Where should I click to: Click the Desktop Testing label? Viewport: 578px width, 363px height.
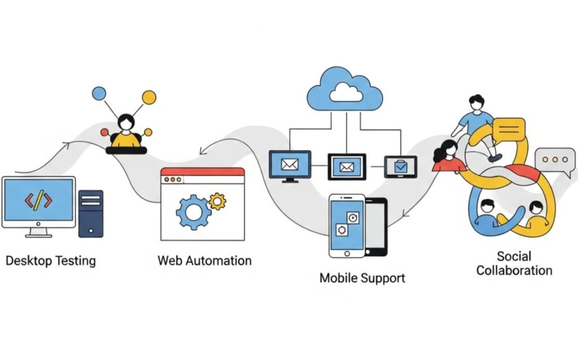point(51,261)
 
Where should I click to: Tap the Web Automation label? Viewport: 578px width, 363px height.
point(204,261)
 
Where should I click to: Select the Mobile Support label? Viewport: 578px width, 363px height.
point(362,278)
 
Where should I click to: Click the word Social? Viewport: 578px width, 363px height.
point(514,256)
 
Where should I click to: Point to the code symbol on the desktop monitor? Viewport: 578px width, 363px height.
point(38,200)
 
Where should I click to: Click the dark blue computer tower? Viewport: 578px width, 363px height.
point(91,213)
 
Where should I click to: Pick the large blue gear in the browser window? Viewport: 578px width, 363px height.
point(193,212)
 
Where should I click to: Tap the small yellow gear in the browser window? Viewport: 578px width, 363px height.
point(217,201)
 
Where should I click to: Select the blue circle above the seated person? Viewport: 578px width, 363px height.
point(99,93)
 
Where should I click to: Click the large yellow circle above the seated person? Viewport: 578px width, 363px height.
point(149,98)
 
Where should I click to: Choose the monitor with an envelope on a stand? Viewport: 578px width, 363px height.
point(290,165)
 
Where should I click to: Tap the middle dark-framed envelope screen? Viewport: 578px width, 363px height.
point(347,166)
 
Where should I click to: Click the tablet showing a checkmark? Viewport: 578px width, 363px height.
point(401,166)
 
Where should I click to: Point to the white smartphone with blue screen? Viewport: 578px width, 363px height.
point(346,225)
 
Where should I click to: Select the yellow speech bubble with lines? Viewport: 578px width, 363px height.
point(509,131)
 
